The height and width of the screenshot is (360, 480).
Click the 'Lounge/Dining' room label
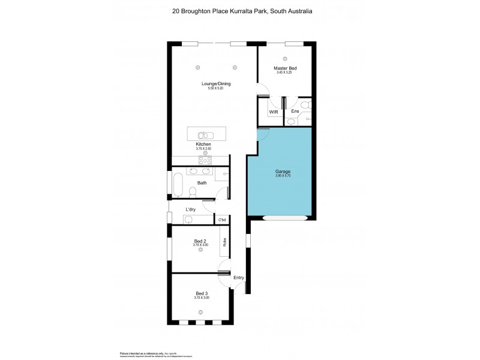pos(215,83)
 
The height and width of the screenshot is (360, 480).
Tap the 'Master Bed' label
pos(285,68)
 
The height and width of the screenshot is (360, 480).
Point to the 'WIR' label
pos(273,112)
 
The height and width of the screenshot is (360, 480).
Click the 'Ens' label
pos(295,112)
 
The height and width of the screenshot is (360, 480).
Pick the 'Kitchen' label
pos(203,145)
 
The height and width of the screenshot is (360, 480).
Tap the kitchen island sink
pos(204,135)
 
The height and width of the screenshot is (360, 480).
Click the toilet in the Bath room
pos(193,191)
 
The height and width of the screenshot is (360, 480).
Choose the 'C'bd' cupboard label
pos(221,220)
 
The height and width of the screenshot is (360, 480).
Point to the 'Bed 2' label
pos(201,241)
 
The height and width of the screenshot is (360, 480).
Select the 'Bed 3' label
pos(201,293)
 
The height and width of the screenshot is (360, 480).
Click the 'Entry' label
pos(239,278)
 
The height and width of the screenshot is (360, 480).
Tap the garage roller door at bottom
pos(285,218)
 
